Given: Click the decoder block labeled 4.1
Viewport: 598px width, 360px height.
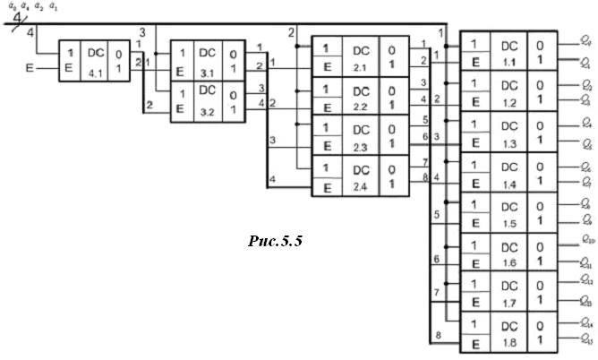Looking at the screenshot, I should point(95,60).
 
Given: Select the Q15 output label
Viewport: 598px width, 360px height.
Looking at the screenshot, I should point(585,341).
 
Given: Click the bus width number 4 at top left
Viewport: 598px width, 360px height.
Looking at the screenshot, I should point(17,20).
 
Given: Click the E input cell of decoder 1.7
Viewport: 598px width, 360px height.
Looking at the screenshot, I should point(475,303).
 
